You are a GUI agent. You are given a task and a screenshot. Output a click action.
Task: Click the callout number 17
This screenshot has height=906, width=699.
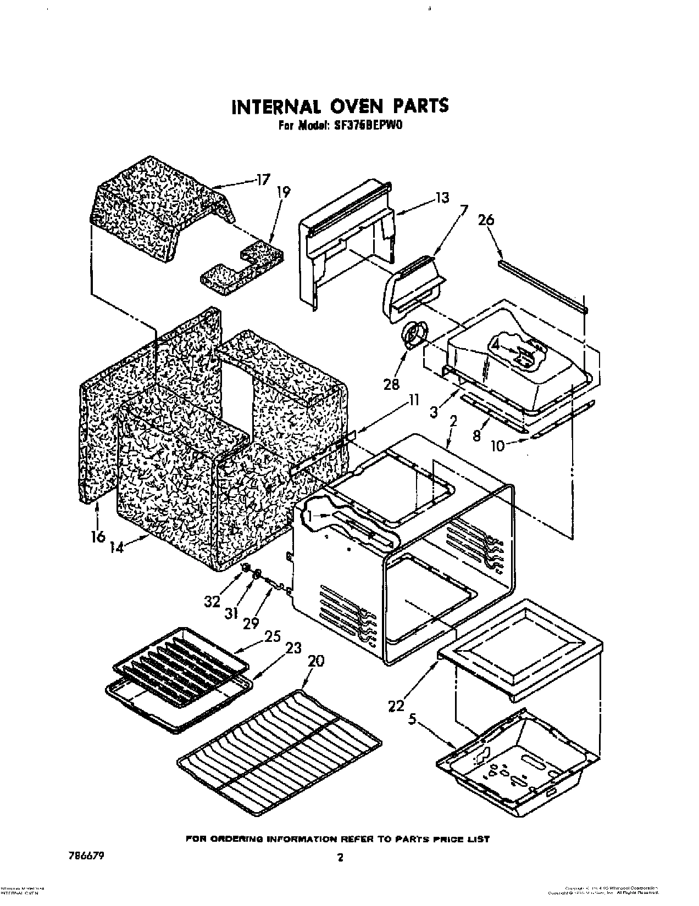(x=264, y=178)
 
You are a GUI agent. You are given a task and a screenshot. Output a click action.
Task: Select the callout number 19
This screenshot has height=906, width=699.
(x=284, y=192)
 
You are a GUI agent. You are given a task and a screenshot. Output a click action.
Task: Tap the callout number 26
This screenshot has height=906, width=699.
(x=486, y=220)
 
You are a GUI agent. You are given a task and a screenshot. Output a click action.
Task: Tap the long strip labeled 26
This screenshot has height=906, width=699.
(x=541, y=286)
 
